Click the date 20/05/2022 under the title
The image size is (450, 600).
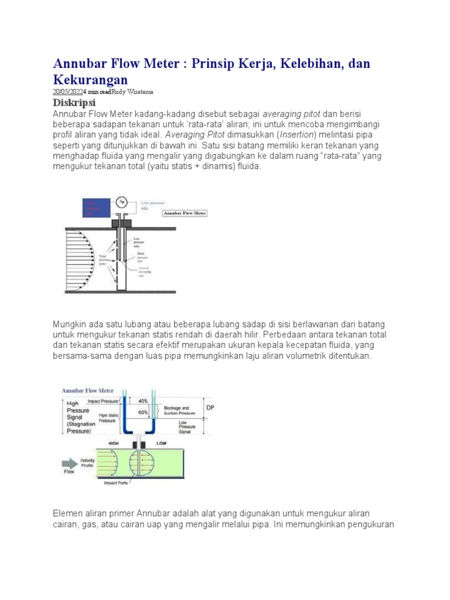(x=66, y=92)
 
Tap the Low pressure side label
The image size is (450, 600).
(x=154, y=204)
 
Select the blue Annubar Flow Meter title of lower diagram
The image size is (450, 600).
(x=88, y=390)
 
